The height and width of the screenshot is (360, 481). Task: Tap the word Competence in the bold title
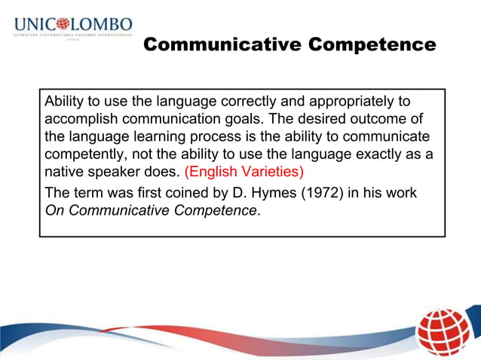point(371,45)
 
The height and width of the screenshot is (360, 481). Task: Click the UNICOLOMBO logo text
point(72,25)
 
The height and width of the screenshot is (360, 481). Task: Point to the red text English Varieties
point(244,171)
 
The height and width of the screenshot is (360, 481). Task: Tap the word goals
point(245,119)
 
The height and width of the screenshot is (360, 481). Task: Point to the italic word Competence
point(213,210)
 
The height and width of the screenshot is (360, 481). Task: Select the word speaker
point(118,171)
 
